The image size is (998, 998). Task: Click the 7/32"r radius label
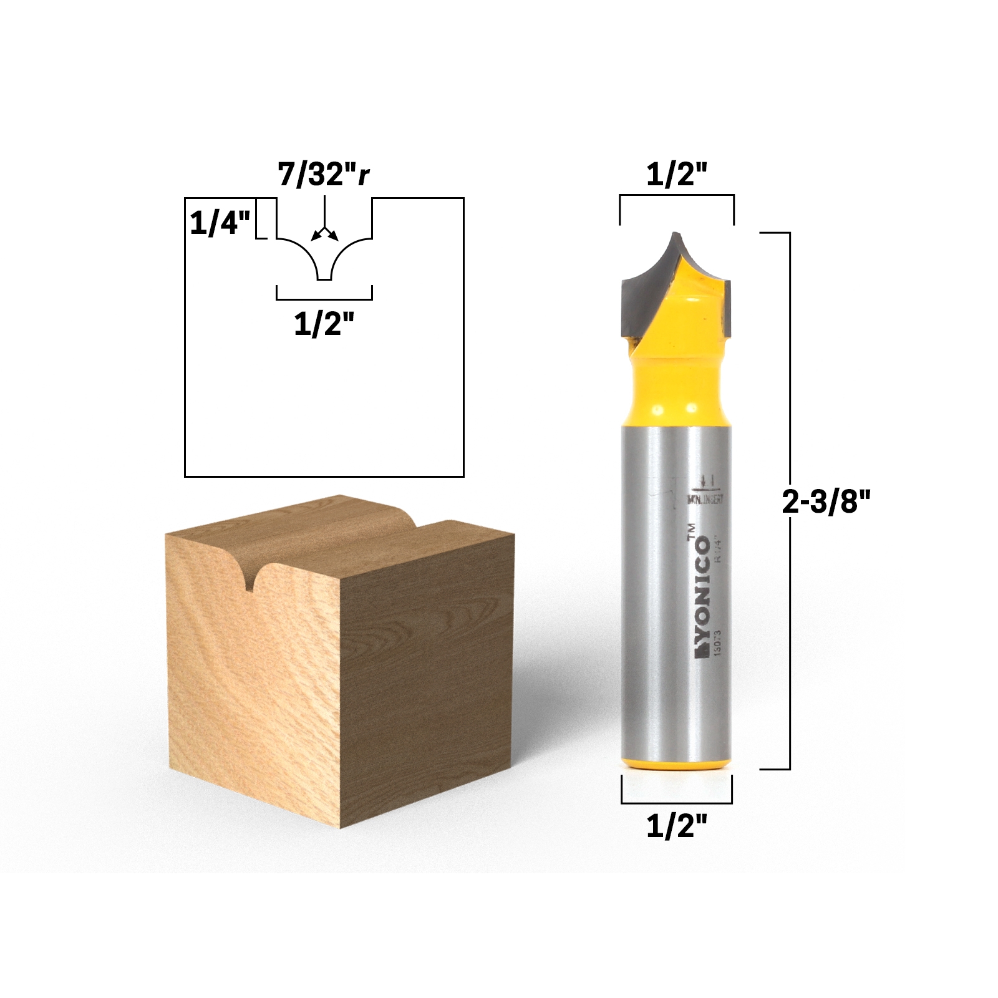click(323, 175)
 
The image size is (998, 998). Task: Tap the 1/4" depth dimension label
click(220, 223)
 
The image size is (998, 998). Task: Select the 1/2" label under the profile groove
click(324, 324)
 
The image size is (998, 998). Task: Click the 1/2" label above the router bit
click(676, 175)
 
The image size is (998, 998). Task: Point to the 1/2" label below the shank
click(676, 826)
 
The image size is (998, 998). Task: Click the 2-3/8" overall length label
click(826, 501)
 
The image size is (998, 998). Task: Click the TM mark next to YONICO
click(691, 531)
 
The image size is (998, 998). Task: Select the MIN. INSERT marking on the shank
click(705, 499)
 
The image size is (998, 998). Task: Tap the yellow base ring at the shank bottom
click(676, 765)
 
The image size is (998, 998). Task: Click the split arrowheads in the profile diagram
click(324, 235)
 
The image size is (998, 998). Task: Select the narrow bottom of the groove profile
click(324, 278)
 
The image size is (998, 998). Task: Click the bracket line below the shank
click(676, 802)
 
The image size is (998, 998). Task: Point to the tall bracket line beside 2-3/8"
click(790, 501)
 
